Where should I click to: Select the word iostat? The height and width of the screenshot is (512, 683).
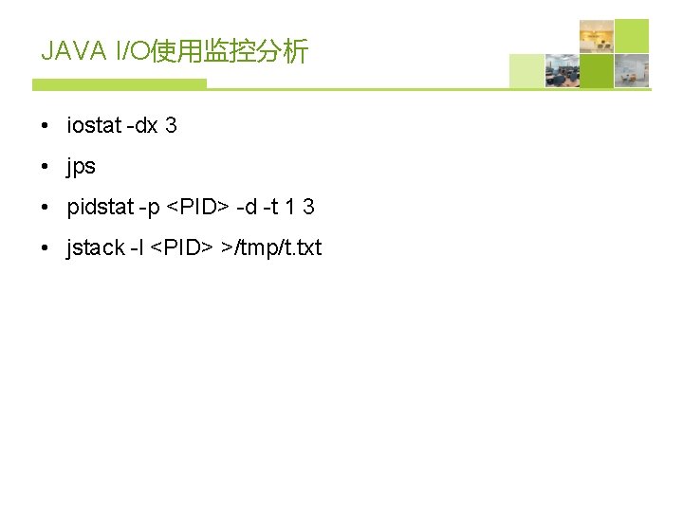click(x=94, y=125)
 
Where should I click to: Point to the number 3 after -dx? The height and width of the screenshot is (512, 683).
click(x=171, y=125)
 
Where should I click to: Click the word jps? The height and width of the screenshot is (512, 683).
click(x=81, y=167)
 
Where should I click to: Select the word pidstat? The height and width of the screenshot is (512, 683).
click(x=99, y=207)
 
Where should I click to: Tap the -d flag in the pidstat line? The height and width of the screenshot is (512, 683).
click(x=247, y=207)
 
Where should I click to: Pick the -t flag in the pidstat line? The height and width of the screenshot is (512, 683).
click(x=273, y=207)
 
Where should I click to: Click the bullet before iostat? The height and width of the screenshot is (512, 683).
click(x=46, y=126)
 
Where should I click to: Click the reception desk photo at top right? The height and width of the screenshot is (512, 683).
click(x=597, y=36)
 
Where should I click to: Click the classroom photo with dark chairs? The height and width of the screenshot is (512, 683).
click(x=562, y=71)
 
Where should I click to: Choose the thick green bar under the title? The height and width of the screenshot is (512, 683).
click(x=119, y=84)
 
